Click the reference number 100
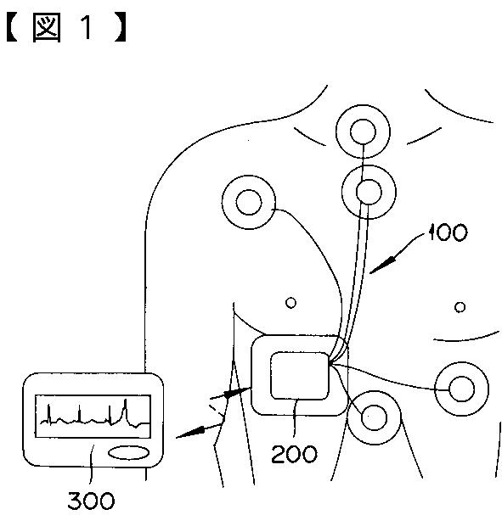pos(448,232)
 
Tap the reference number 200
pos(294,454)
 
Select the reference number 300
pos(92,501)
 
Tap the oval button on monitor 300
pos(128,453)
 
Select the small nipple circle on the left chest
pos(290,303)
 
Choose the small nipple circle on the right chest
pos(460,307)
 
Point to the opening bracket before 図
pos(12,28)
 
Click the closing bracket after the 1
pos(120,28)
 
